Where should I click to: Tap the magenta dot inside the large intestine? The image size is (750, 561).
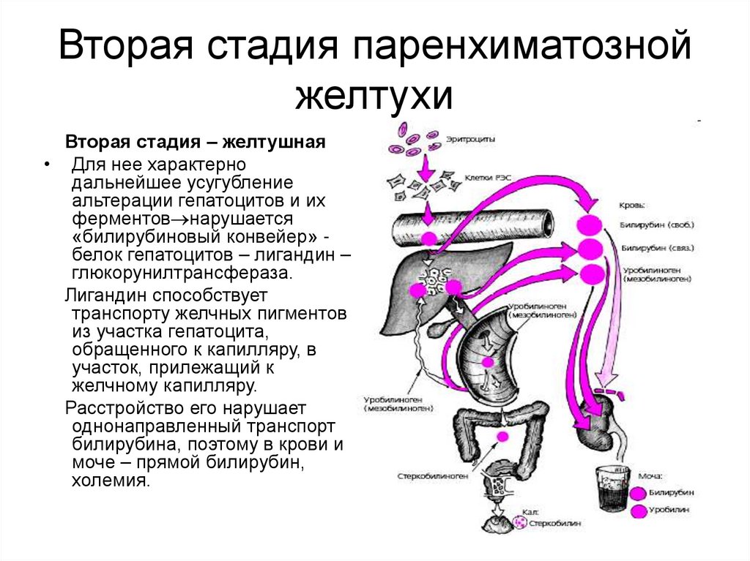coord(502,436)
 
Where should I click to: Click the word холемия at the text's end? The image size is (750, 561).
coord(111,481)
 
